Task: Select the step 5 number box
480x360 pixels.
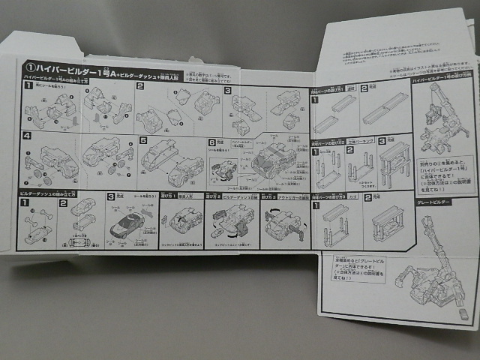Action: click(142, 139)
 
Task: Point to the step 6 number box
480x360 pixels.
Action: click(212, 141)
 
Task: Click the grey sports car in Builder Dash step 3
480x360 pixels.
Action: click(128, 223)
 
